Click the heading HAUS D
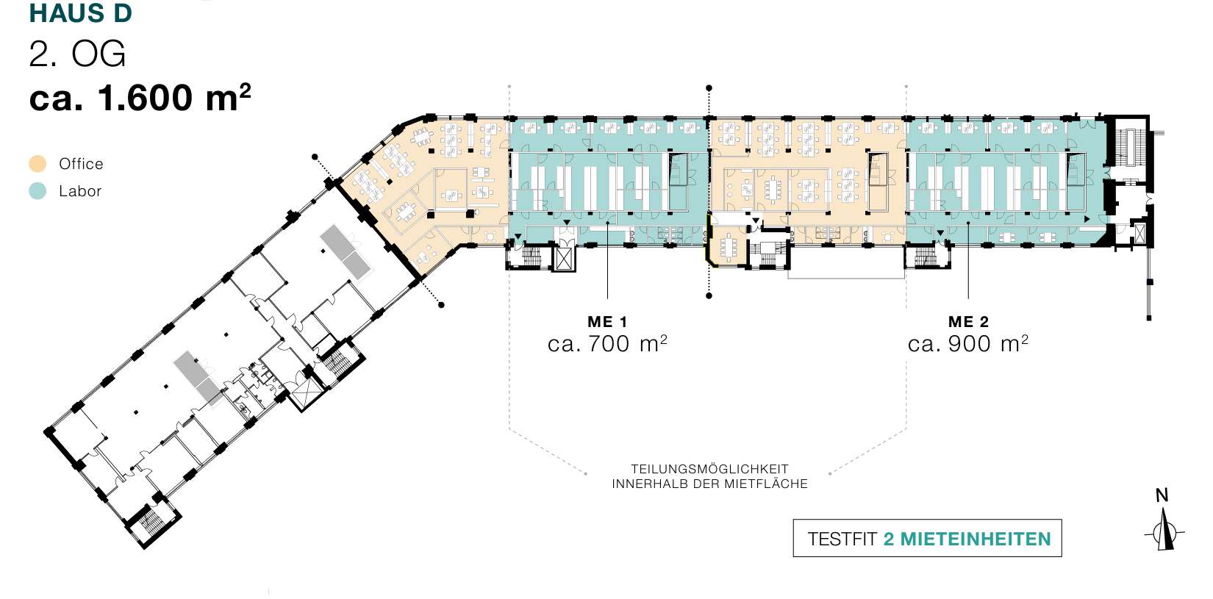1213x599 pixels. click(81, 13)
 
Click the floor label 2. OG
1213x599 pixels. click(77, 54)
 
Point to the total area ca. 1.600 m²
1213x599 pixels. click(140, 98)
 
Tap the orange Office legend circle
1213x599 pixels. click(37, 164)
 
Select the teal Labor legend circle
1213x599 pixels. click(37, 190)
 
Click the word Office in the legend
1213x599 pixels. click(81, 164)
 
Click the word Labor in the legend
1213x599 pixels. click(80, 190)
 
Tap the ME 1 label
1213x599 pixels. click(607, 322)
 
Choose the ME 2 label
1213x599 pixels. click(968, 322)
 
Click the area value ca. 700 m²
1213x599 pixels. click(607, 343)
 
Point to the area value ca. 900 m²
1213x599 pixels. click(967, 343)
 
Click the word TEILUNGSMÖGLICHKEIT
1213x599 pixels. click(709, 469)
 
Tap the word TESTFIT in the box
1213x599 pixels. click(842, 539)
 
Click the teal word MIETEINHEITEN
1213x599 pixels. click(976, 539)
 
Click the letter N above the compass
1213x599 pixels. click(1162, 495)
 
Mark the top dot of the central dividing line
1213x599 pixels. click(709, 87)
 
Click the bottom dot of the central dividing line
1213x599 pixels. click(709, 295)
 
